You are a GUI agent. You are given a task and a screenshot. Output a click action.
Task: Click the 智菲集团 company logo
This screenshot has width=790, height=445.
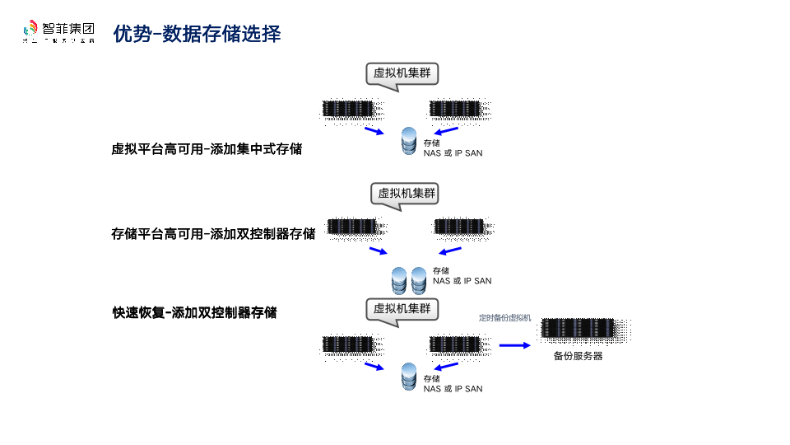click(x=58, y=31)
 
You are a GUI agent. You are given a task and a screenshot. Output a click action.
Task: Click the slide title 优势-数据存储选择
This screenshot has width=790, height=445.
click(x=197, y=34)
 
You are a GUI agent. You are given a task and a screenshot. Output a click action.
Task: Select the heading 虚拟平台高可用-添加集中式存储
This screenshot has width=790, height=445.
click(x=207, y=149)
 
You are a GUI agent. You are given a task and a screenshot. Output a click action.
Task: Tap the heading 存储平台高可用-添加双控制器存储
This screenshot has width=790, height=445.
click(x=213, y=233)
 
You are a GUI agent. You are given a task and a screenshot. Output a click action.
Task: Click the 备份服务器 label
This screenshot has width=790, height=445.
click(x=578, y=357)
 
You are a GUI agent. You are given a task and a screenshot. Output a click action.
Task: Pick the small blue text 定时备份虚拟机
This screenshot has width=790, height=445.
click(x=504, y=317)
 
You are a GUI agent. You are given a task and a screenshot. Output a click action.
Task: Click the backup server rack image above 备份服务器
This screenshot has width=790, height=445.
click(x=578, y=330)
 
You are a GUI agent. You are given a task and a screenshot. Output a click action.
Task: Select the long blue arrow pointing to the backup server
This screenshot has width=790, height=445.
click(x=515, y=345)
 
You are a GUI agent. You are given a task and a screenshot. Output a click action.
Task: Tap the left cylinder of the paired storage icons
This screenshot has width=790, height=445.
click(x=400, y=280)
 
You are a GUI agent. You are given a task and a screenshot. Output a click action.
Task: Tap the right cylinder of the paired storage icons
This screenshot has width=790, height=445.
click(x=419, y=280)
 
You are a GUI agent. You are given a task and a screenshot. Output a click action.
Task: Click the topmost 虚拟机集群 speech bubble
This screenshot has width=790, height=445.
click(x=402, y=73)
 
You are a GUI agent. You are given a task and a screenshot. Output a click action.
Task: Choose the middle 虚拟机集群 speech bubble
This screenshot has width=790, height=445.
click(x=405, y=194)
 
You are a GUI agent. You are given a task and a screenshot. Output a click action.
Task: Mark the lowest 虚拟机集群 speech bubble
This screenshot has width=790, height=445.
click(x=402, y=309)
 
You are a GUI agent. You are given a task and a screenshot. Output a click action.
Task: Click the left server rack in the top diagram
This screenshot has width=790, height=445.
click(x=347, y=109)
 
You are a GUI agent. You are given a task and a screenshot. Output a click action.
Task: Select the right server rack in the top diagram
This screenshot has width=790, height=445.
click(x=455, y=109)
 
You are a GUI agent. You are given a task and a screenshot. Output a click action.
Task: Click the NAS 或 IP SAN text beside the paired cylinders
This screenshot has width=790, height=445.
click(x=462, y=281)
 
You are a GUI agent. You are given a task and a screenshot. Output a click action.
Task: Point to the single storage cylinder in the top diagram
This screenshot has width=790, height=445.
click(x=409, y=141)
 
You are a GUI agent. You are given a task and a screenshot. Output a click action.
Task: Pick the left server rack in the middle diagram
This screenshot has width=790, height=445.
click(x=352, y=226)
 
